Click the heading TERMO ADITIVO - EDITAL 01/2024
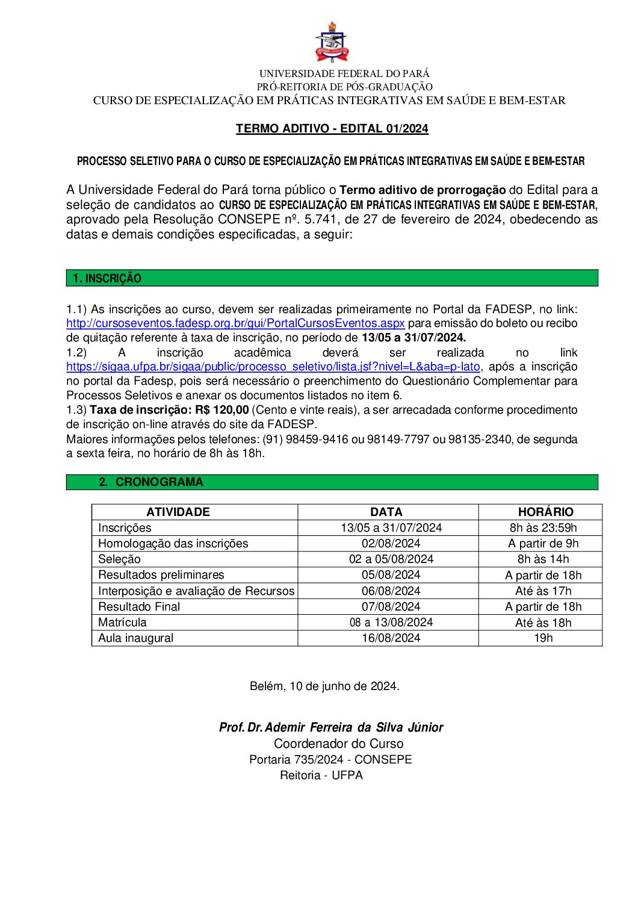(332, 128)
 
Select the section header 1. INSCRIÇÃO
(107, 278)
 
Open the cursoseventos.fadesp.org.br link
(235, 323)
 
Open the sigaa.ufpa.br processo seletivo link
(273, 367)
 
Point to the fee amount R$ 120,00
(221, 410)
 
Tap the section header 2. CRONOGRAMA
(152, 482)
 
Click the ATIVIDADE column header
(178, 512)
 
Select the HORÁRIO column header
(545, 512)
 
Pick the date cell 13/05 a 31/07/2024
(391, 528)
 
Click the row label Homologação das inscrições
(173, 544)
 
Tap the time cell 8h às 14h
(543, 559)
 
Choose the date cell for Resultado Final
(391, 607)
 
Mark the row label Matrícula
(122, 623)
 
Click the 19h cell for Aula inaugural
(543, 638)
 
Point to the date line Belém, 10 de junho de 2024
(324, 686)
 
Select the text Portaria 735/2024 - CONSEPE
(330, 760)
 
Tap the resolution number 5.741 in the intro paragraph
(320, 220)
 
